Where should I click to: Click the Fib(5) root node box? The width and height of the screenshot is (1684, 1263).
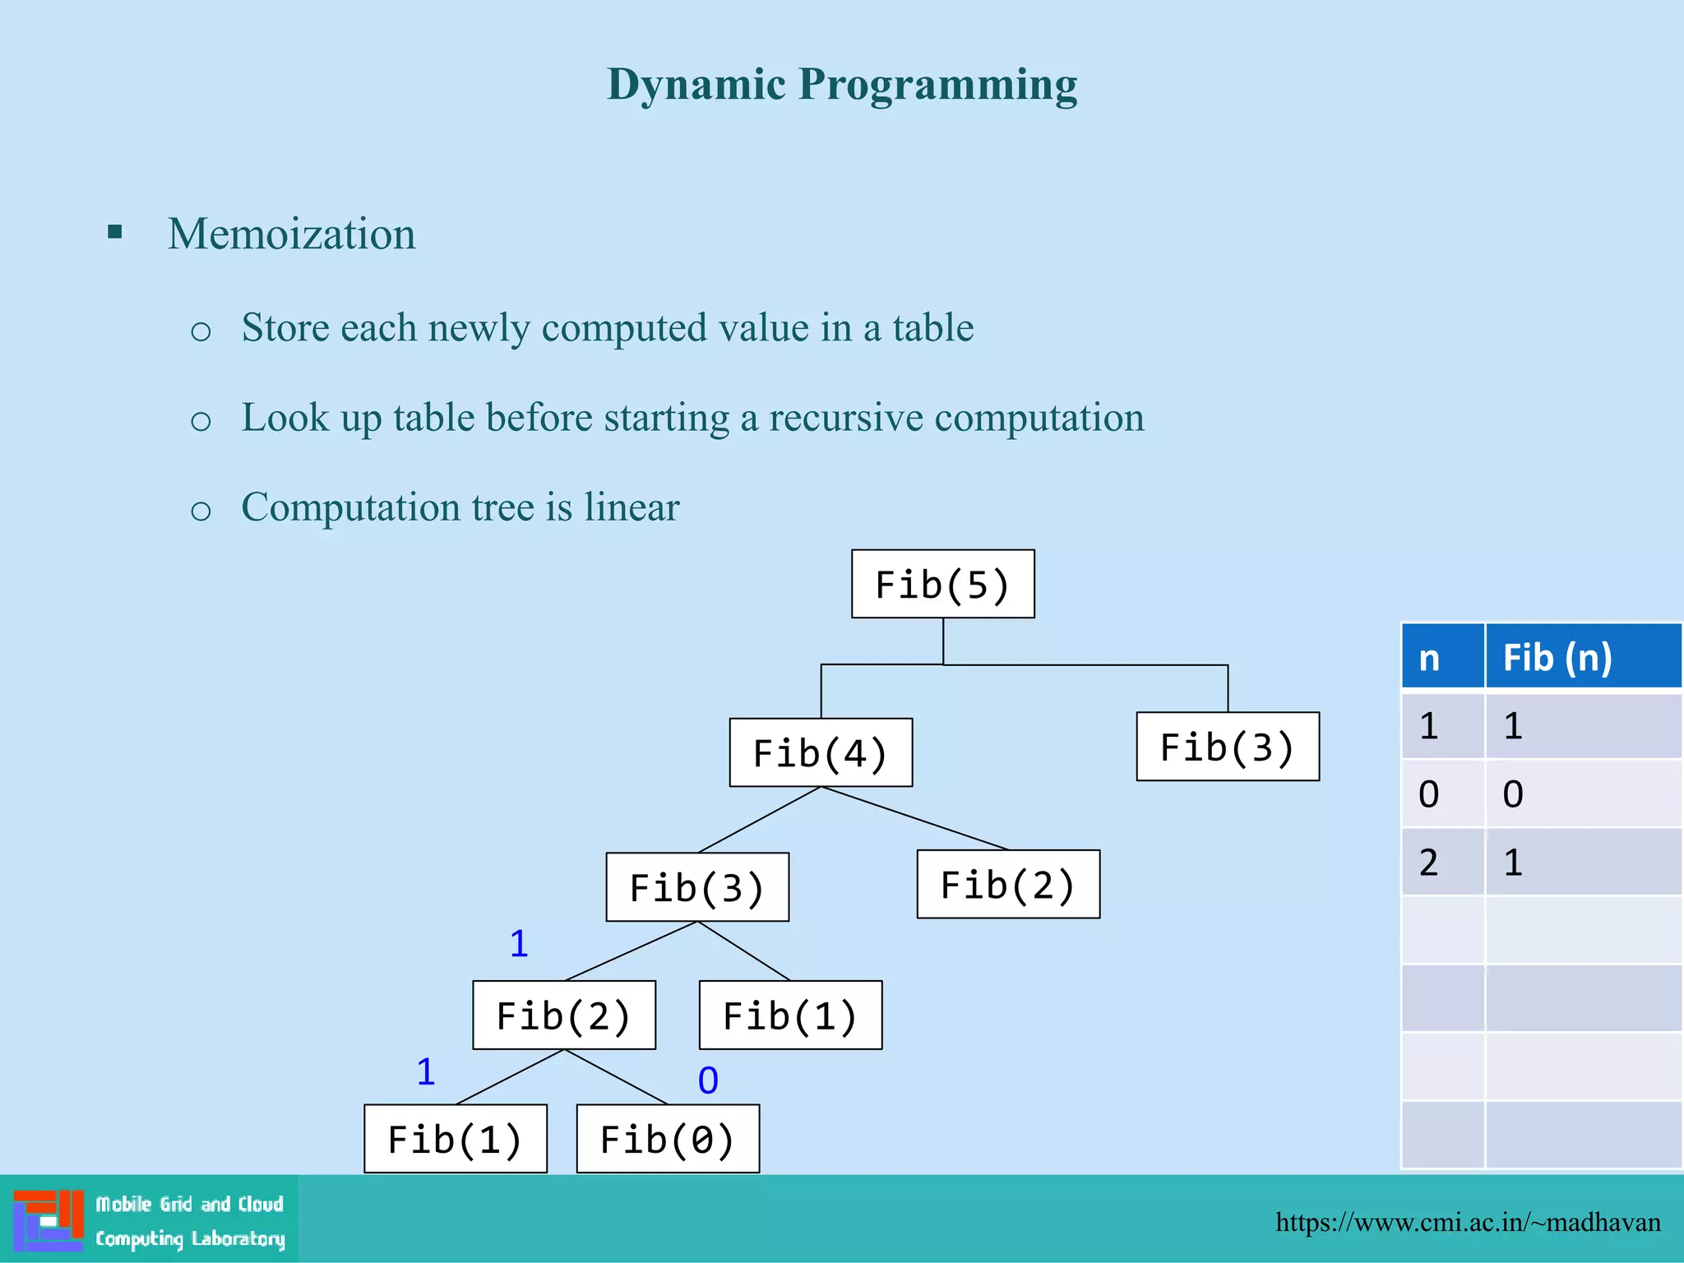click(942, 584)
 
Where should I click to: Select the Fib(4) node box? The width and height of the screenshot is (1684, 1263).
click(821, 752)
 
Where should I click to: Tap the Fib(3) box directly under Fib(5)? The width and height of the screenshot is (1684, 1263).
click(1227, 747)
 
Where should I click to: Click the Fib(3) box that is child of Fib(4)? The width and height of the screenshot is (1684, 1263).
click(697, 887)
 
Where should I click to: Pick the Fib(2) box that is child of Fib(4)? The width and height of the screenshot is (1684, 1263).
click(1008, 885)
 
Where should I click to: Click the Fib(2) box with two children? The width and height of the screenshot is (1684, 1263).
click(564, 1015)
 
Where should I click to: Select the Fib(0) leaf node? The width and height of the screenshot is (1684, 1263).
click(668, 1139)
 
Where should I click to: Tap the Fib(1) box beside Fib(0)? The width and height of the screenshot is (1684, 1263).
click(456, 1139)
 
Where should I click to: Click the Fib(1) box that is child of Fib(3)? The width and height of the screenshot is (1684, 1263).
click(790, 1015)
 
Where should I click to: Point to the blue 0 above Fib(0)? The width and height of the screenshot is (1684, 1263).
click(708, 1080)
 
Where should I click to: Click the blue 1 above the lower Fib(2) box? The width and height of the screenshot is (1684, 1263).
click(518, 943)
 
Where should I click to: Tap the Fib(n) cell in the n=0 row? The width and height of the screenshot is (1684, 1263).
click(1582, 794)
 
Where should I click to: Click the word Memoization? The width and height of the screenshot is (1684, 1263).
click(291, 234)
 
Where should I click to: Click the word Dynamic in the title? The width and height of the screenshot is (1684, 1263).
click(696, 85)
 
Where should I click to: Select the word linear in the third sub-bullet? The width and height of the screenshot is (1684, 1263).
click(631, 507)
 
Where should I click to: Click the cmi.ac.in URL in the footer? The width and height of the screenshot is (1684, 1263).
click(1468, 1222)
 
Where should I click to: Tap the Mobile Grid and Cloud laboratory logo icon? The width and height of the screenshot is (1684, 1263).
click(48, 1220)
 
